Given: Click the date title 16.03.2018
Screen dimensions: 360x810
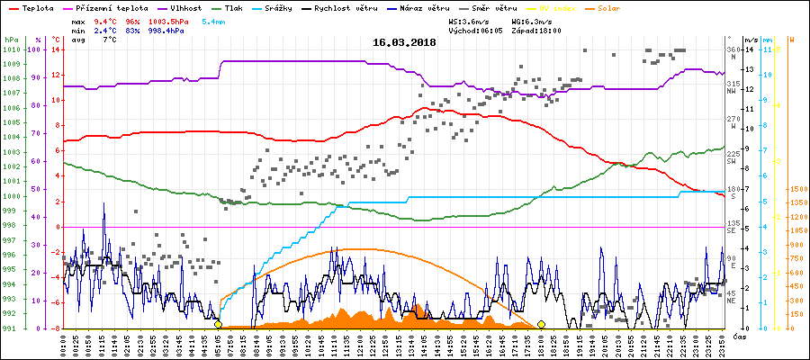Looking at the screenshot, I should click(404, 42).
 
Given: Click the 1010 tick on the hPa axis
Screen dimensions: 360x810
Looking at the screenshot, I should click(12, 49).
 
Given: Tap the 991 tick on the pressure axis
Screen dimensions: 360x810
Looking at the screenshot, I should click(12, 328).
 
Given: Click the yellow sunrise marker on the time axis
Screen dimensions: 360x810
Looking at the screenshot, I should click(219, 324).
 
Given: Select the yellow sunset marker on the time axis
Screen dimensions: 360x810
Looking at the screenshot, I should click(541, 324).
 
